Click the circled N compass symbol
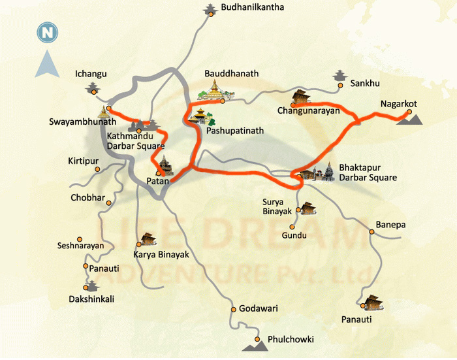pos(46,31)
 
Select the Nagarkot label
pos(399,104)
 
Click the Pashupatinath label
pos(235,131)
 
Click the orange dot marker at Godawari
pos(233,308)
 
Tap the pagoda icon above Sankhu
pos(339,75)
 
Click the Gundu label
pos(294,235)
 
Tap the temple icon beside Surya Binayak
pos(308,208)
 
